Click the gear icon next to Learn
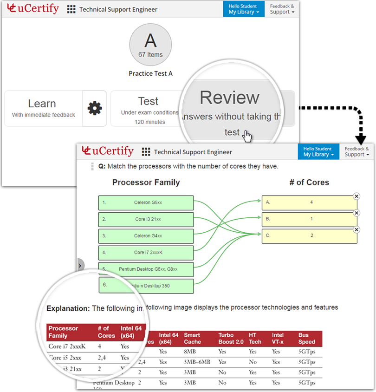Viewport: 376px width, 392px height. pos(95,108)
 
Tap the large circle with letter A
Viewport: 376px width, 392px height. pos(150,45)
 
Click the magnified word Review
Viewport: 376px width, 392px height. pos(229,98)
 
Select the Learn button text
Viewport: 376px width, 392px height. pos(42,104)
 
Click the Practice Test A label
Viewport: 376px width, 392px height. pos(150,73)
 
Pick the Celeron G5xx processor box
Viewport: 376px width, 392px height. pos(146,203)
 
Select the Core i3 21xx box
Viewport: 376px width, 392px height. pos(146,219)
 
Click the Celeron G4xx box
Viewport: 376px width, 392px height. pos(146,236)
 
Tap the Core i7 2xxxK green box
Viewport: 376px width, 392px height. pos(146,253)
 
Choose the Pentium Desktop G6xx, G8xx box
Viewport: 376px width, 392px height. pos(146,269)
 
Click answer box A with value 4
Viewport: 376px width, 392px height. pos(309,203)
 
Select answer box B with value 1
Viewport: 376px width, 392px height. pos(309,219)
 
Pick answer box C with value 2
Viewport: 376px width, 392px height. pos(309,235)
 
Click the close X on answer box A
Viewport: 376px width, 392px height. pos(357,196)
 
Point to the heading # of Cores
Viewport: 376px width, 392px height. pos(309,183)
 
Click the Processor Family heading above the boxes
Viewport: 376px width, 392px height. pos(146,183)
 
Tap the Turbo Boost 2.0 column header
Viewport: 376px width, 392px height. pos(231,338)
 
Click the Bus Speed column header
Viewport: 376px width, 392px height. pos(306,338)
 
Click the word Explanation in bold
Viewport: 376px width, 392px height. pos(68,308)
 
